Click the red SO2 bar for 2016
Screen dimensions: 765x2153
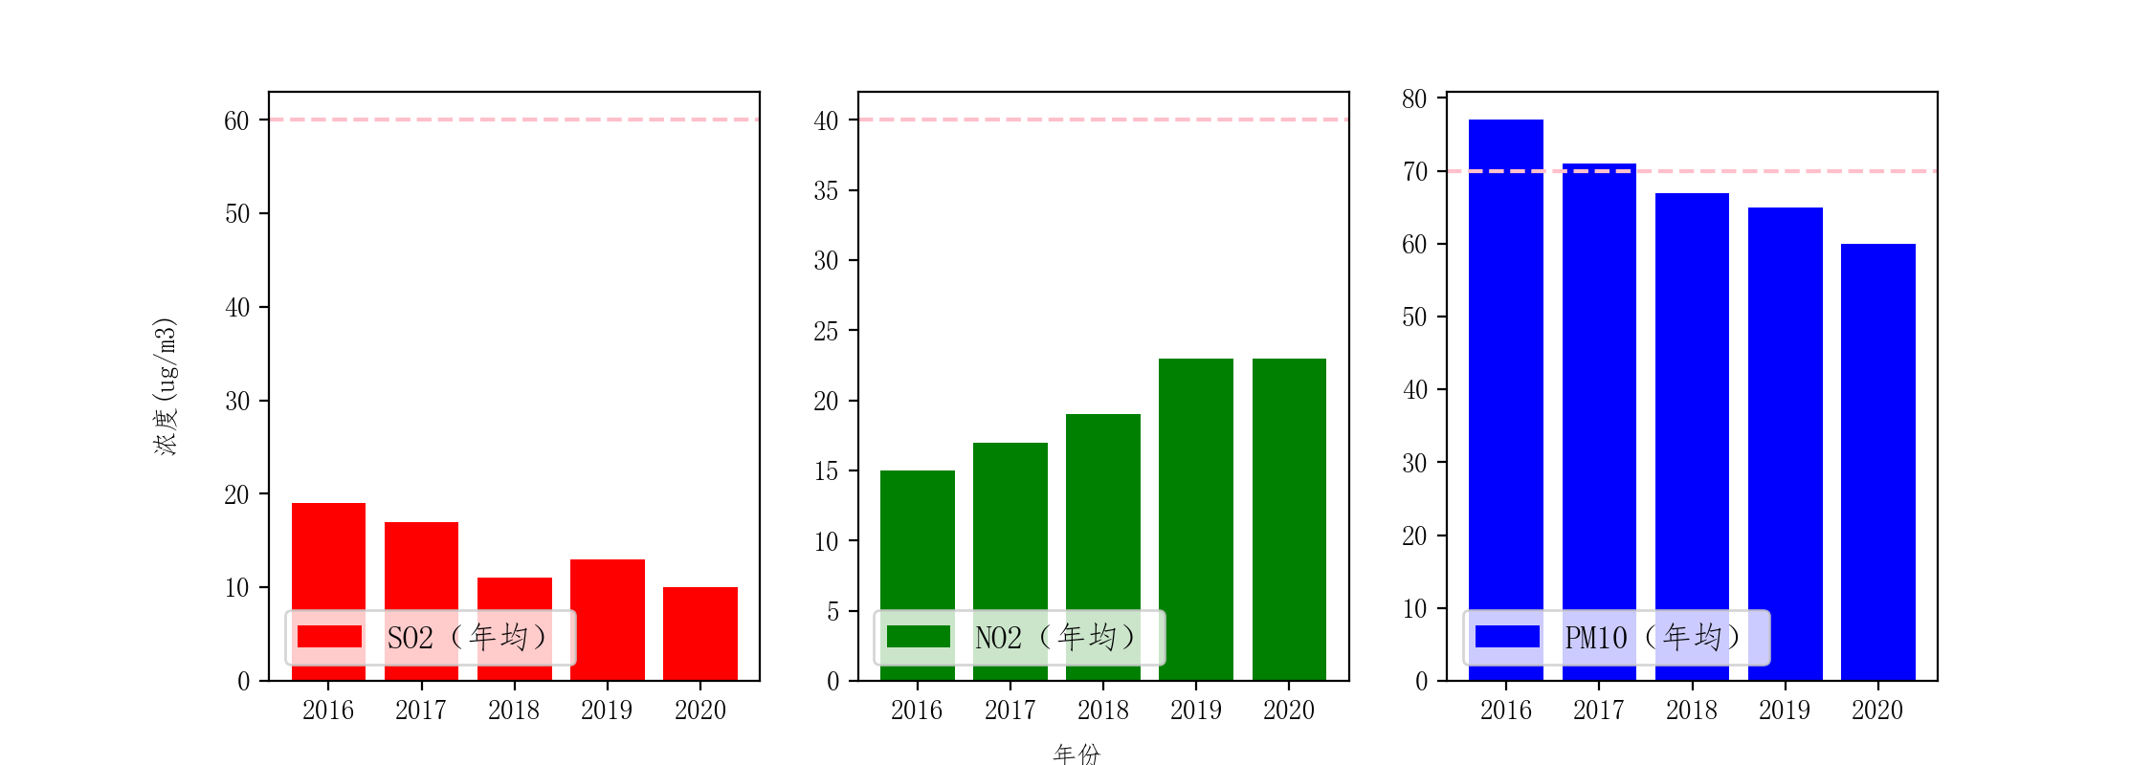click(x=328, y=555)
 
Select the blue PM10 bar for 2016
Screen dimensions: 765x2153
click(x=1506, y=382)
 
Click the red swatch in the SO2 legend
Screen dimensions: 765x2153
click(x=329, y=637)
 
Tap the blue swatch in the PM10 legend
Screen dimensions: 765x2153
click(x=1507, y=637)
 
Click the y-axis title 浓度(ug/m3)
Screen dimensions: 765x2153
click(x=166, y=386)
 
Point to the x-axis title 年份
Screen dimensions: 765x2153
click(x=1076, y=754)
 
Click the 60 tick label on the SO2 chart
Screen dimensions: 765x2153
click(x=236, y=120)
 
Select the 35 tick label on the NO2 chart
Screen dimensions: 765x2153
click(x=826, y=191)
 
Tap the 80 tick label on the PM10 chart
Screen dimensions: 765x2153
click(x=1414, y=99)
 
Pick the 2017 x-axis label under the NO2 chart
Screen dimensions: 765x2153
click(x=1010, y=710)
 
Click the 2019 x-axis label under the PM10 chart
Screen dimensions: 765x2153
click(x=1785, y=710)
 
